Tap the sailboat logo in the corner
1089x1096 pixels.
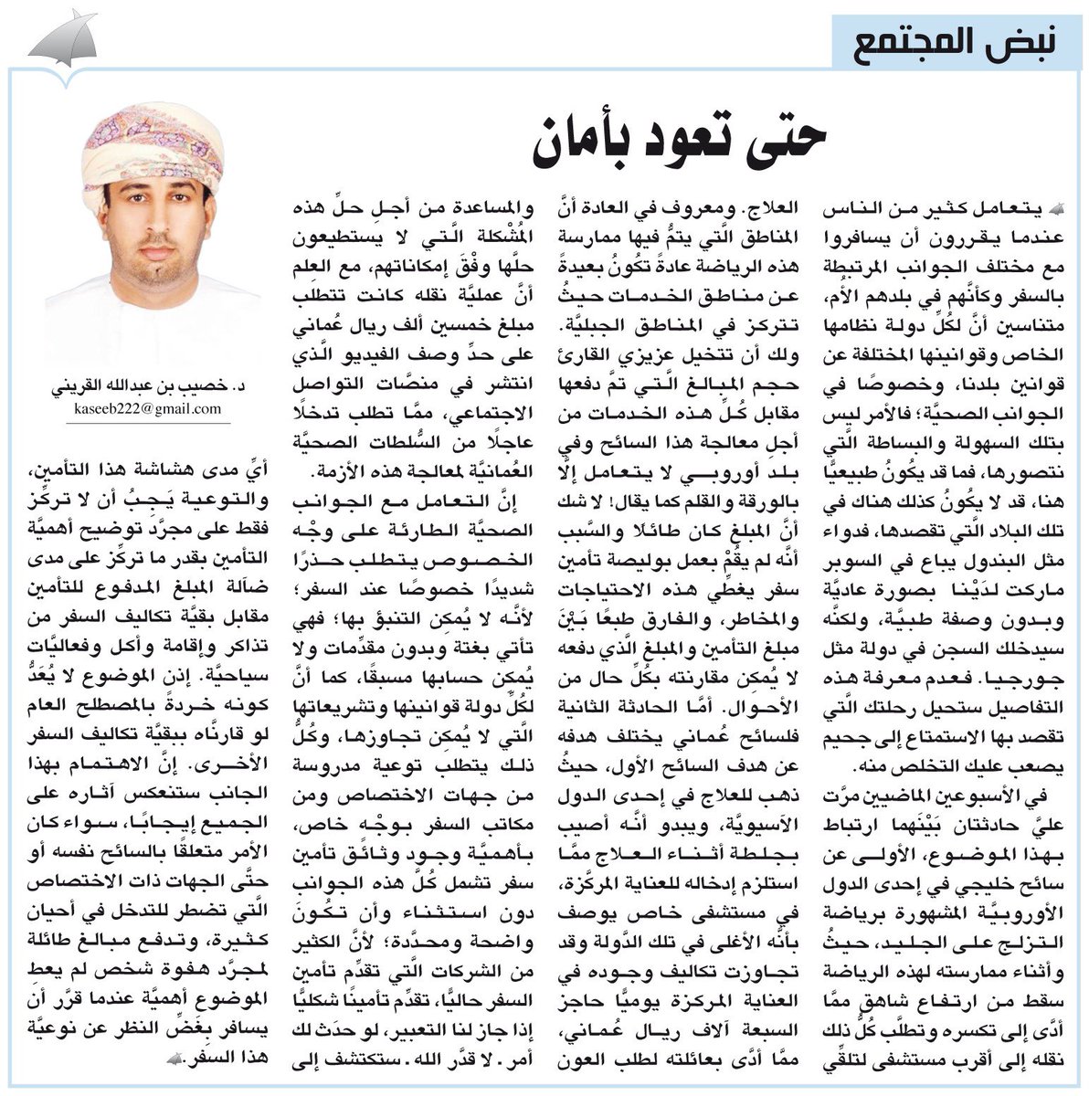click(x=64, y=42)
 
